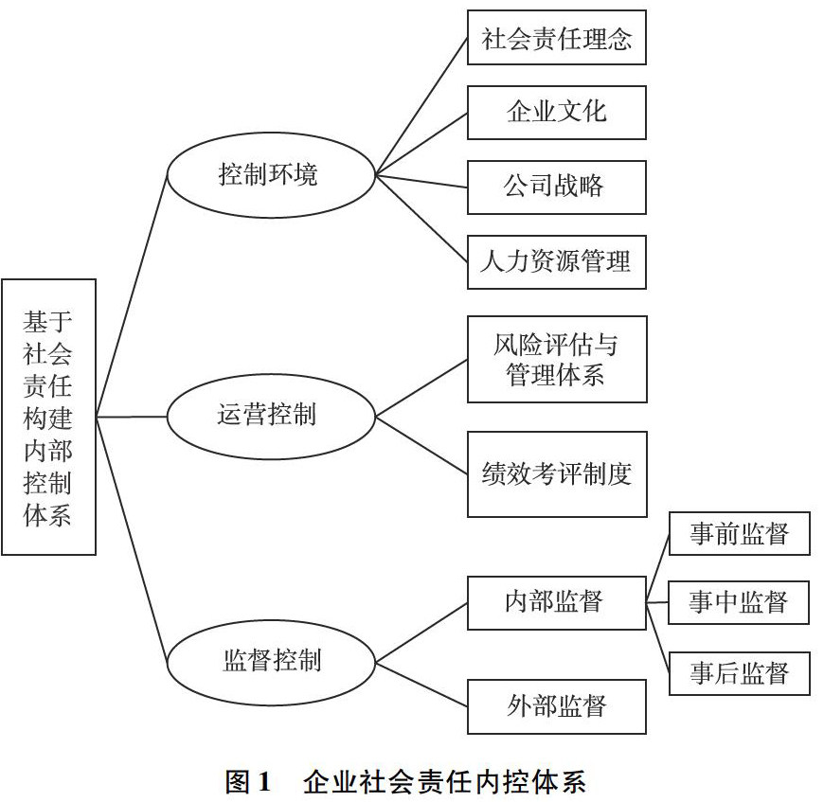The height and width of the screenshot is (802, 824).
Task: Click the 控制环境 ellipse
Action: click(x=270, y=174)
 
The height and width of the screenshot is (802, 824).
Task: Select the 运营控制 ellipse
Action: click(x=270, y=415)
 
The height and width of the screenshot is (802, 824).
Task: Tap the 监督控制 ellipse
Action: click(x=270, y=659)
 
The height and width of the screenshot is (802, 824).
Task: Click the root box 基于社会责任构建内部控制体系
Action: click(x=48, y=417)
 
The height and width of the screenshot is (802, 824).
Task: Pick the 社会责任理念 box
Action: click(x=556, y=39)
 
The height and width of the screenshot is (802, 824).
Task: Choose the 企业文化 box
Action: click(x=556, y=113)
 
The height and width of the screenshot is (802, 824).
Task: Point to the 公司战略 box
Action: click(x=556, y=187)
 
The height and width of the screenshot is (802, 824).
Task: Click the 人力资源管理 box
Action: click(x=556, y=261)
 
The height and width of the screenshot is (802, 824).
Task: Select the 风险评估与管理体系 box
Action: click(x=556, y=360)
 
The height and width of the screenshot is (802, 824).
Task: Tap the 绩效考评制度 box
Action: click(x=556, y=473)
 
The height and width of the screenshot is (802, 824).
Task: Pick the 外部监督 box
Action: click(x=556, y=706)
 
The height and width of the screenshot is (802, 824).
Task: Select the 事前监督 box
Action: click(x=739, y=534)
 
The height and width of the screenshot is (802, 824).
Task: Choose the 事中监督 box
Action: click(x=739, y=602)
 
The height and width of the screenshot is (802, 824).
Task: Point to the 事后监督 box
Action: click(x=739, y=673)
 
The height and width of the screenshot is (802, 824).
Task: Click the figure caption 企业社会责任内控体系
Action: click(x=444, y=782)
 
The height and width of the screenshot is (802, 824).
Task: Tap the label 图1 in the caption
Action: click(x=248, y=782)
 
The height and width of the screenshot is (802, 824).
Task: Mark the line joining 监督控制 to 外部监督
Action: click(x=421, y=683)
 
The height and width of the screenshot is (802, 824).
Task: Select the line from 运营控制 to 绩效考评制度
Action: click(x=421, y=444)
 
